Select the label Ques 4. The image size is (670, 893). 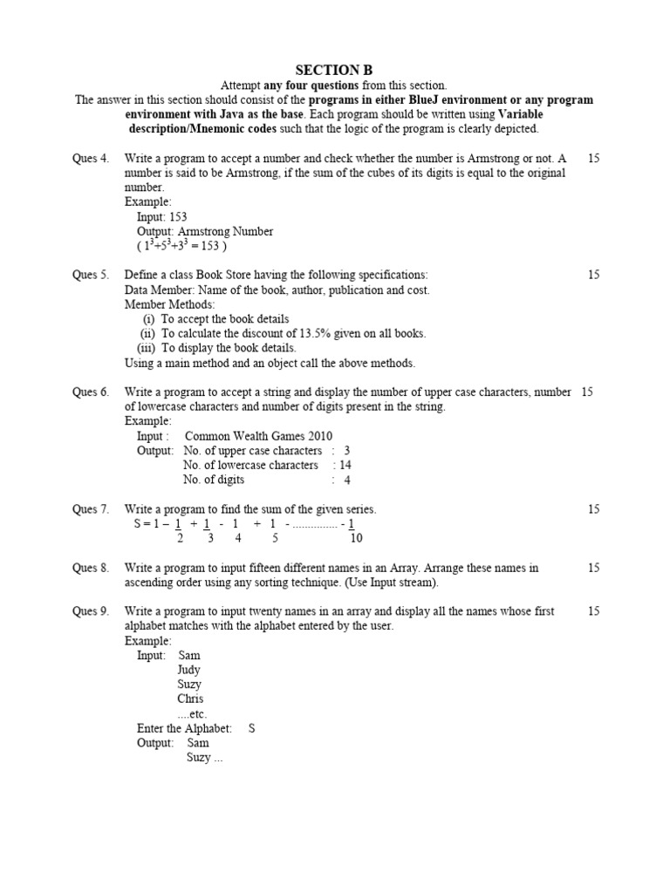pos(90,159)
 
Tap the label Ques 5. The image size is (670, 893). pos(90,275)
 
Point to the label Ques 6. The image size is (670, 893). pos(90,392)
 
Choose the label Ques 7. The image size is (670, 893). pos(90,509)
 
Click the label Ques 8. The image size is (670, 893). pos(90,568)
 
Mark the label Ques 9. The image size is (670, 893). pos(90,611)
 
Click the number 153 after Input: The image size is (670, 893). pos(177,217)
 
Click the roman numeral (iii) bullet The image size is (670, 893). pos(147,348)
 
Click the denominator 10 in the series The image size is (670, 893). pos(356,538)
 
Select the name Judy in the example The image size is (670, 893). pos(188,670)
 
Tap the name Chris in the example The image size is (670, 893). pos(190,699)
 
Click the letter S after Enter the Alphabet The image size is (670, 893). pos(251,728)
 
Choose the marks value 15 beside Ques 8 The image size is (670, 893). pos(593,568)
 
